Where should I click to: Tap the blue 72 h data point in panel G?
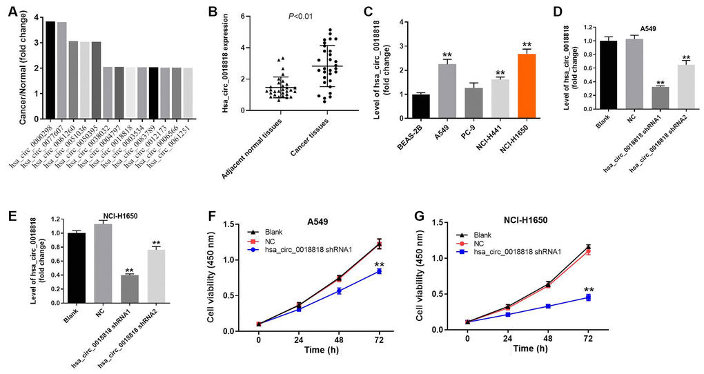588,297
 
